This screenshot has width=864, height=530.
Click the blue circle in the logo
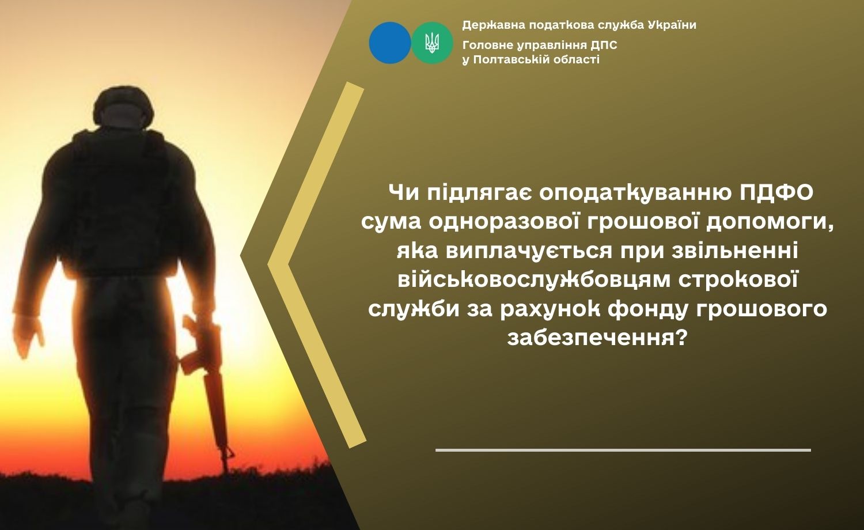(x=390, y=43)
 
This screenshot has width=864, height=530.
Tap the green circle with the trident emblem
(x=432, y=43)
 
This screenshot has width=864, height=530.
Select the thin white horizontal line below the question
(x=623, y=450)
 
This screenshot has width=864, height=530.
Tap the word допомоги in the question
(x=775, y=224)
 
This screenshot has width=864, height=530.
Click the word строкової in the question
(x=740, y=281)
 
